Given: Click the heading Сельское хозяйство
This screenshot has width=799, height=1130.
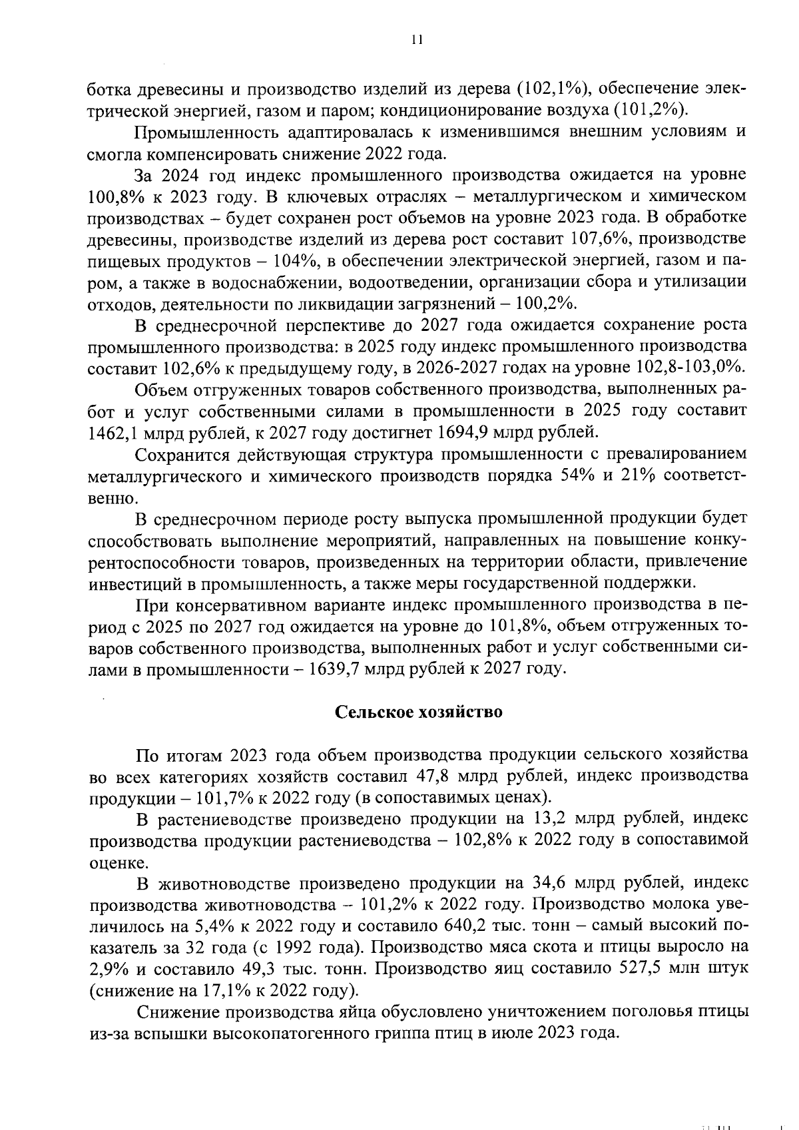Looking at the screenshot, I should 417,712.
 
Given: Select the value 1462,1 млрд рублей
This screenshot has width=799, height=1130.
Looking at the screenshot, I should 153,433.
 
